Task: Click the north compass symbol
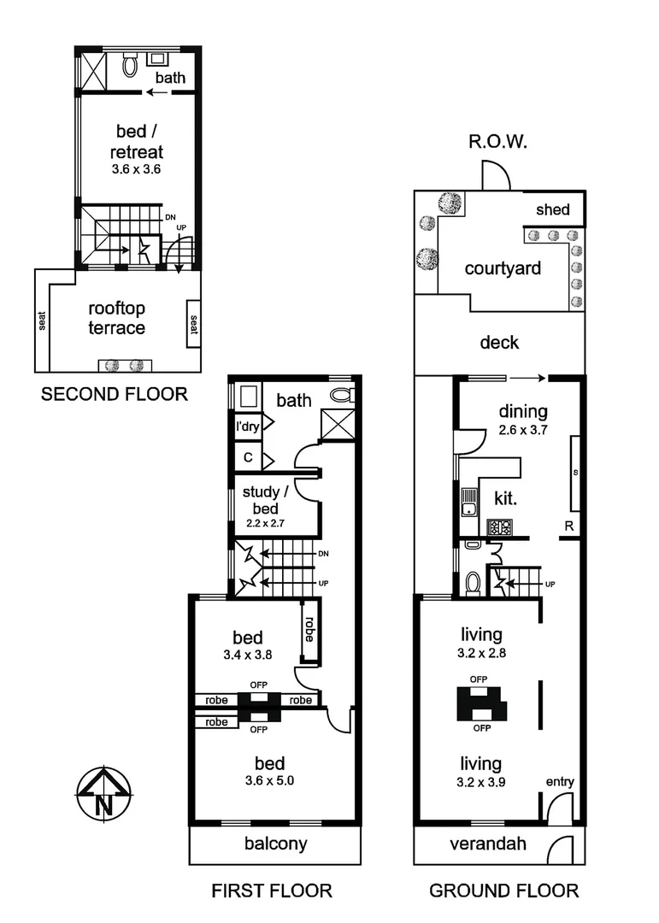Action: click(x=103, y=794)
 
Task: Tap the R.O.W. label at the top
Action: click(x=496, y=142)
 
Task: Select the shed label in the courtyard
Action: click(x=552, y=209)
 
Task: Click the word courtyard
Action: click(x=503, y=268)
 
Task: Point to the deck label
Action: click(x=499, y=343)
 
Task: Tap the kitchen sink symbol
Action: click(x=468, y=502)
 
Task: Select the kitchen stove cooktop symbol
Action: click(x=499, y=526)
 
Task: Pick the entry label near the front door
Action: click(x=560, y=782)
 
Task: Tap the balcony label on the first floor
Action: click(x=275, y=844)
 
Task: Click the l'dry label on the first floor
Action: click(x=248, y=425)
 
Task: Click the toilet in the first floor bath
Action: click(x=342, y=395)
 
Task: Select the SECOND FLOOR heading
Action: click(x=114, y=395)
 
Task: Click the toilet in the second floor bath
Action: click(x=130, y=64)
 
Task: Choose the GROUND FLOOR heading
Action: click(x=503, y=891)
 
